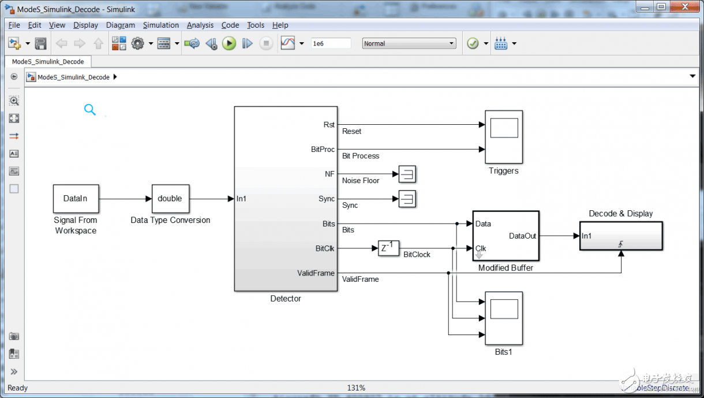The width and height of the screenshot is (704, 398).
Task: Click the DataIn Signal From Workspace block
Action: coord(76,198)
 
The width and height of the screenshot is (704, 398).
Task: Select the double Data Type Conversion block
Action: coord(170,198)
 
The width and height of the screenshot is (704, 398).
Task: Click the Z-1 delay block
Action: coord(388,248)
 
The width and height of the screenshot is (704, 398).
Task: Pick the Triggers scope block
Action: coord(503,137)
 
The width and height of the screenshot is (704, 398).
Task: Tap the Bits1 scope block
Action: coord(503,318)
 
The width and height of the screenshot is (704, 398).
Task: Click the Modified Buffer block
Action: coord(505,236)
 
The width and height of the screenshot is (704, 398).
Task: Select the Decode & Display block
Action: coord(621,236)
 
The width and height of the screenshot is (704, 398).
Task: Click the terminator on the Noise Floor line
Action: coord(407,174)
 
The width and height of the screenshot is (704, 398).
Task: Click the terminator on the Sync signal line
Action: coord(407,199)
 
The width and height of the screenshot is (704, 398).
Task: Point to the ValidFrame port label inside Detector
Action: coord(316,273)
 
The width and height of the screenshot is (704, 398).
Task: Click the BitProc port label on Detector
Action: coord(323,149)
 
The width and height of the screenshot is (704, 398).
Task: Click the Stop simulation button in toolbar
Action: coord(265,43)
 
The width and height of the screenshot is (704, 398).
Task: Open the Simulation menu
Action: coord(161,25)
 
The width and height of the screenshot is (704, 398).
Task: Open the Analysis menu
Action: coord(200,25)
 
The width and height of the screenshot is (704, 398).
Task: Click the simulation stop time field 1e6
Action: coord(330,43)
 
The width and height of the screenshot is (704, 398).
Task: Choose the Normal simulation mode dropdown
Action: coord(409,43)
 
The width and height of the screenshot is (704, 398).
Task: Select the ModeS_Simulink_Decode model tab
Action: coord(48,61)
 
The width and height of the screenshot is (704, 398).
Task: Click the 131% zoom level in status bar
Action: coord(355,388)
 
